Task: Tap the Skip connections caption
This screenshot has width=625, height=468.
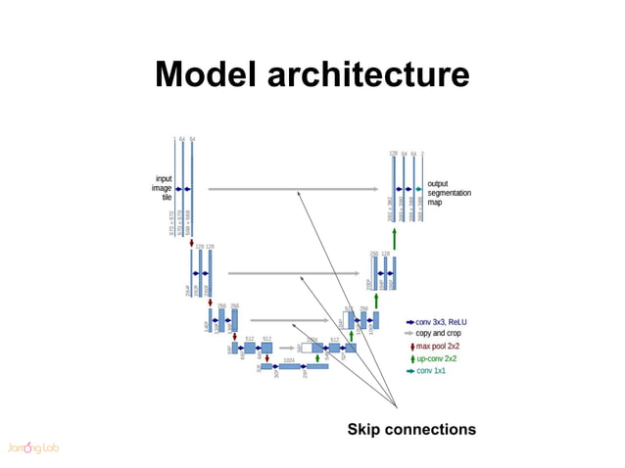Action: (x=411, y=429)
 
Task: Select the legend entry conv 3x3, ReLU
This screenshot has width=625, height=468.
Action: (x=440, y=321)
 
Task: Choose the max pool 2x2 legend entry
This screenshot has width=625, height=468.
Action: (x=437, y=346)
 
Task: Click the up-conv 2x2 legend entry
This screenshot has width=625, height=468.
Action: (x=437, y=358)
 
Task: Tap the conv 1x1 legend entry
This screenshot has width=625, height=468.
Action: (x=432, y=370)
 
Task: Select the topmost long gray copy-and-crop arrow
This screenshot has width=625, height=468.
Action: (x=293, y=189)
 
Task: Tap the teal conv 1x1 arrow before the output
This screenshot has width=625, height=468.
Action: (x=418, y=189)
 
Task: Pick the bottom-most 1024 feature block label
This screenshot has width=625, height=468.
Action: (x=288, y=359)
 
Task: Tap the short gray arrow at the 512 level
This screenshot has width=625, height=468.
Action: (x=288, y=347)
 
